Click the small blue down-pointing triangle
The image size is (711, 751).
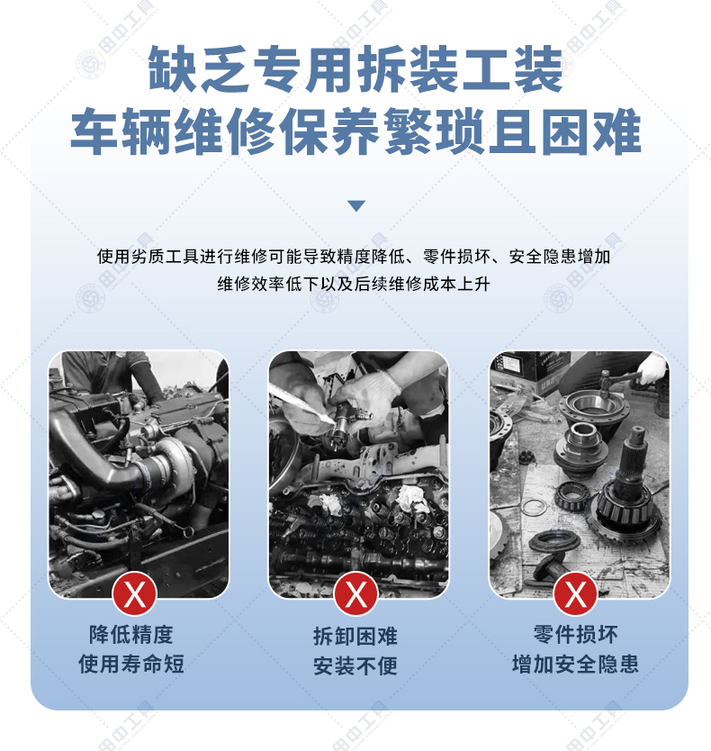[356, 205]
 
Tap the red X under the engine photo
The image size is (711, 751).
[135, 594]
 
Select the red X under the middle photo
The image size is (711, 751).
[355, 594]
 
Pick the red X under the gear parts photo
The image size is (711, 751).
[575, 594]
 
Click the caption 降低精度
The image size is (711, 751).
[131, 635]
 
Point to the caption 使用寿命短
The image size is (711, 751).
[131, 664]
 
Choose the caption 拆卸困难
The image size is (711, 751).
[355, 636]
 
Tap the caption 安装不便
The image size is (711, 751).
[355, 665]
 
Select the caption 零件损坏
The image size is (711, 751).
[575, 635]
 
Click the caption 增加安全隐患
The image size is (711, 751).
[575, 664]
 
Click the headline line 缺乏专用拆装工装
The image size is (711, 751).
[355, 68]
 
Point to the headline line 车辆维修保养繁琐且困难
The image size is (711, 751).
[355, 131]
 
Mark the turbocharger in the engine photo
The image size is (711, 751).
[166, 462]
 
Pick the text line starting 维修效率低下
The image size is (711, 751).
[354, 284]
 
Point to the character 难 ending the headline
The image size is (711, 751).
[617, 131]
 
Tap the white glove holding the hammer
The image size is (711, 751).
[652, 370]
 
